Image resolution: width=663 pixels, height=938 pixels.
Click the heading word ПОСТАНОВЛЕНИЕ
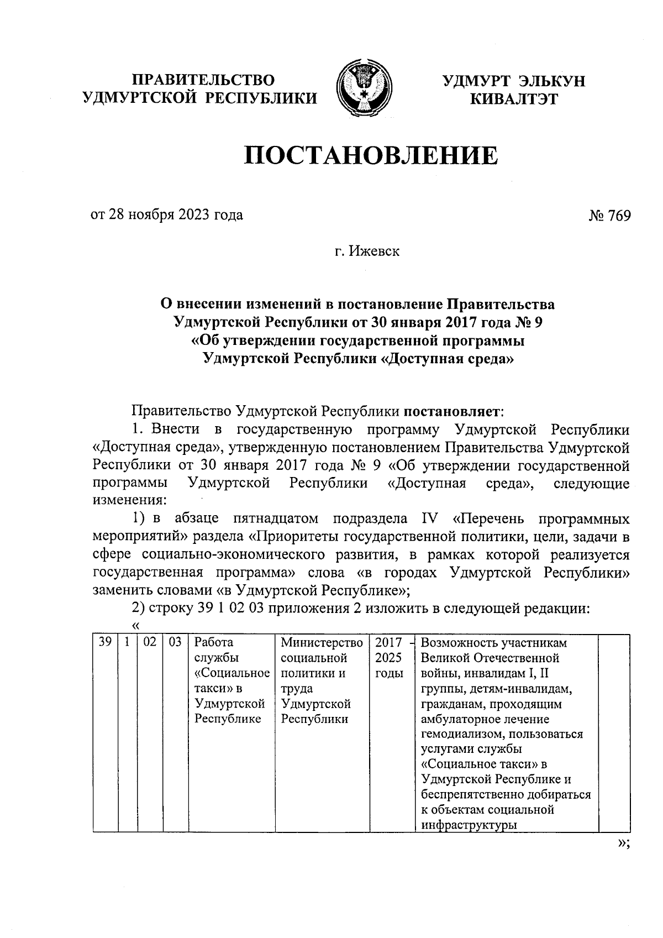(x=371, y=156)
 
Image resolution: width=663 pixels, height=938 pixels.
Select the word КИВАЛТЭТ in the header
(x=513, y=99)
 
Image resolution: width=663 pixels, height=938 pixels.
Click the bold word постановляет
(x=452, y=411)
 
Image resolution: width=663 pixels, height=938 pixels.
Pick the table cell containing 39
(x=105, y=643)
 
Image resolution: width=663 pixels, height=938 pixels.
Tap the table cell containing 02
(x=150, y=643)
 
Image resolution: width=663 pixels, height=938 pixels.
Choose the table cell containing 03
(x=175, y=643)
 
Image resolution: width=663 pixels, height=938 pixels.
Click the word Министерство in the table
(x=322, y=643)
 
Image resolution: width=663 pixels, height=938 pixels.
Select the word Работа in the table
(x=214, y=643)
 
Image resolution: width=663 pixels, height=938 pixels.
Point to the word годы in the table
(x=389, y=674)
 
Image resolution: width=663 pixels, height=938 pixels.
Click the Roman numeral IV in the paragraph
(x=429, y=518)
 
